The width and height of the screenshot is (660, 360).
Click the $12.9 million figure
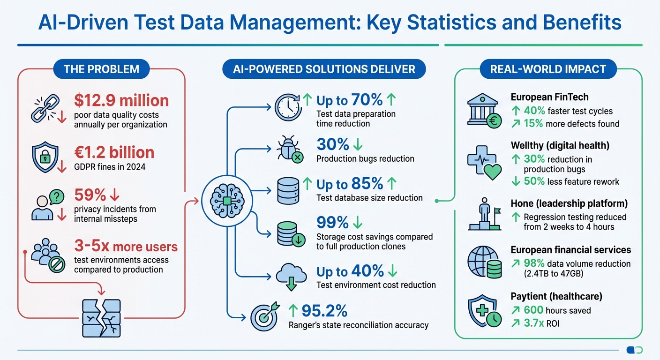[x=121, y=100]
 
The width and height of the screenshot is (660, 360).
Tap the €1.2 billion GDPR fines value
[x=114, y=152]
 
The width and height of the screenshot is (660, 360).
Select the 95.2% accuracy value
[x=324, y=310]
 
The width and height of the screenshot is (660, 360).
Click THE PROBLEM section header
[x=101, y=69]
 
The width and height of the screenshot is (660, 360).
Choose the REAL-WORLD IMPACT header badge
[x=548, y=69]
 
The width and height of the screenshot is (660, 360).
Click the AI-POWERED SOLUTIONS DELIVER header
[x=324, y=69]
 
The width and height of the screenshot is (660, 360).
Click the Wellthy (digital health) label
[x=560, y=145]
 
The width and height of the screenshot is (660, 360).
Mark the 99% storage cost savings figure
[x=332, y=222]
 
